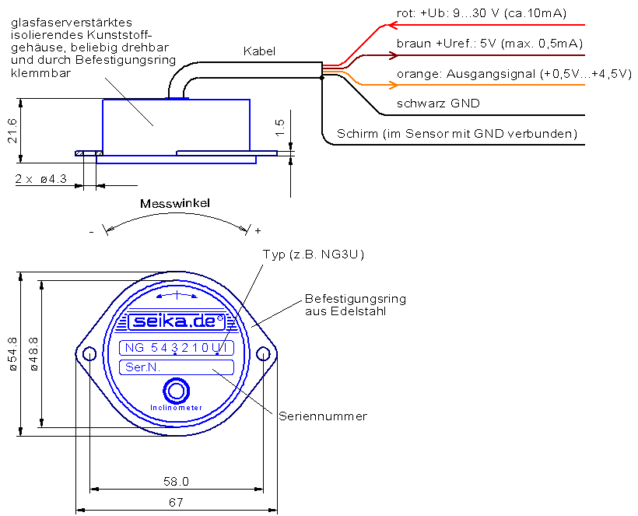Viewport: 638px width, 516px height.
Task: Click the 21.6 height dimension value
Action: click(x=12, y=131)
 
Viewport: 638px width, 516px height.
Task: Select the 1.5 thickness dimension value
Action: click(x=279, y=128)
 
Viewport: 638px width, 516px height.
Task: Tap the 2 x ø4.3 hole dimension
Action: click(x=40, y=179)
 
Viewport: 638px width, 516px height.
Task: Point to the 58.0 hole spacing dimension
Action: click(x=176, y=482)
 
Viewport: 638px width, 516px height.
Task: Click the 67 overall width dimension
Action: click(x=176, y=503)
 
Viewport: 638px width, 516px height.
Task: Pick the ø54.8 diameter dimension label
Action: click(x=12, y=353)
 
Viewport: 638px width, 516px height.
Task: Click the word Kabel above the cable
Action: click(x=259, y=51)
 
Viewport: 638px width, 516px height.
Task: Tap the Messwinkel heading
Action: click(x=175, y=203)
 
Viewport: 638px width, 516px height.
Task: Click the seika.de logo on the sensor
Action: click(x=177, y=322)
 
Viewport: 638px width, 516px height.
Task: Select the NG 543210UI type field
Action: click(x=176, y=348)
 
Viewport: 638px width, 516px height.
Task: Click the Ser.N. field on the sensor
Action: click(x=176, y=367)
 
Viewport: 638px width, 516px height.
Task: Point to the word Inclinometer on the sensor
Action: click(x=176, y=408)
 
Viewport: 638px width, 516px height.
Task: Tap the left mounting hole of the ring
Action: click(x=89, y=353)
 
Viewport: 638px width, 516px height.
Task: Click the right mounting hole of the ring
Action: click(x=263, y=353)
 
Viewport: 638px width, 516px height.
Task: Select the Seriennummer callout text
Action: click(x=323, y=416)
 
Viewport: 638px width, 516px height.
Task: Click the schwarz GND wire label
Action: click(x=438, y=104)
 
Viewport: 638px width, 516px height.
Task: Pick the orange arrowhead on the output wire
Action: click(x=394, y=85)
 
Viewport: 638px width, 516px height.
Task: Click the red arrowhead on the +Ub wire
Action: click(x=393, y=25)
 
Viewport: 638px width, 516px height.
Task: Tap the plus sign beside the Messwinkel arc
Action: click(x=258, y=230)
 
